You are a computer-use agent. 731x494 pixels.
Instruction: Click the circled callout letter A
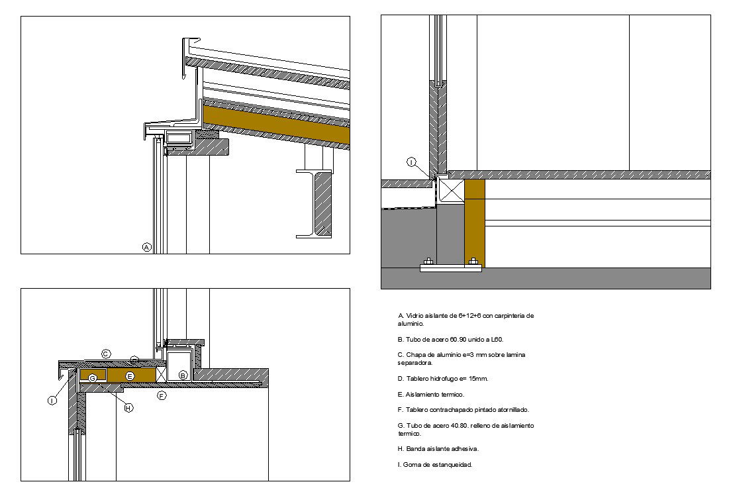pos(147,247)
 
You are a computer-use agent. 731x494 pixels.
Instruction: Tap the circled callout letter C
pos(105,354)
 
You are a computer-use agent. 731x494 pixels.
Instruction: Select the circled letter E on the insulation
pos(130,375)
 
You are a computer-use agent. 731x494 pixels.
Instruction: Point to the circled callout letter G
pos(93,377)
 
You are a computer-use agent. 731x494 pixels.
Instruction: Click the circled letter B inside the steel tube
pos(183,374)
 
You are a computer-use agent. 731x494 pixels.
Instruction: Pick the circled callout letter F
pos(161,395)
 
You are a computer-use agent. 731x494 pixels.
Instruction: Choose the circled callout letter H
pos(129,408)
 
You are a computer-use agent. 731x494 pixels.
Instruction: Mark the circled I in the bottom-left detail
pos(52,400)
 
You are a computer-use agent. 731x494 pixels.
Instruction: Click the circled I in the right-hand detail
pos(411,162)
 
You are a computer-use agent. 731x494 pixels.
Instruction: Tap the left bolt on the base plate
pos(426,262)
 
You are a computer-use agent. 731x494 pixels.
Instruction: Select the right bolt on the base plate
pos(473,262)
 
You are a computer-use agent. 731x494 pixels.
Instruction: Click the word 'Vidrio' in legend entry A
pos(414,316)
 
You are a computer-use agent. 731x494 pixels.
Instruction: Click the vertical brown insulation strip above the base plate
pos(475,219)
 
